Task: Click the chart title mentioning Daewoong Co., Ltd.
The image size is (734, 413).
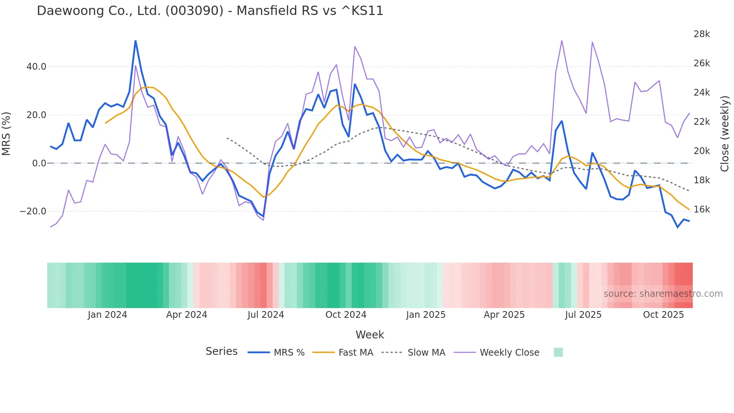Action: pos(210,11)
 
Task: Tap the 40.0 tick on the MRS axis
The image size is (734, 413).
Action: pos(36,67)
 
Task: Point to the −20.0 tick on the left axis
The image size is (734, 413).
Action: pos(33,211)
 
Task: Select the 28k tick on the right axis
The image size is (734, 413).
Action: pos(701,34)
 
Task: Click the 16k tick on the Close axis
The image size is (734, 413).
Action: pos(701,209)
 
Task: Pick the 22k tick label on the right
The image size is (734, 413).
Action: pos(701,122)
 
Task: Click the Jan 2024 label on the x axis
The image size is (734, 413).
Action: pos(107,315)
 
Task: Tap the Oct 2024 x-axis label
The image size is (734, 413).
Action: pos(346,315)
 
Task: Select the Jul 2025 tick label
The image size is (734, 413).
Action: pos(583,315)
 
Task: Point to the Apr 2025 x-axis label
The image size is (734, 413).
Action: pos(504,315)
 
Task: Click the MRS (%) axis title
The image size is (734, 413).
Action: pos(6,134)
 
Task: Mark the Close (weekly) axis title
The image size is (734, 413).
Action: pos(725,134)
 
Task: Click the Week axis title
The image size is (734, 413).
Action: pos(370,335)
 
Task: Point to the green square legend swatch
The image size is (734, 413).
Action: pos(558,352)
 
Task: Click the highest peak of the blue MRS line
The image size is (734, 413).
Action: pos(136,41)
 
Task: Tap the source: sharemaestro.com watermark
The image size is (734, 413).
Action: pos(663,294)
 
